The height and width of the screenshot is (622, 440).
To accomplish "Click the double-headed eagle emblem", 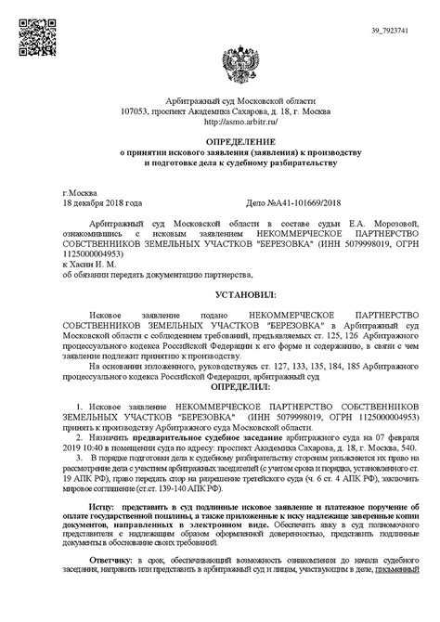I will pos(220,67).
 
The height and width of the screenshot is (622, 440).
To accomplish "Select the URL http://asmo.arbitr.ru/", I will pos(220,121).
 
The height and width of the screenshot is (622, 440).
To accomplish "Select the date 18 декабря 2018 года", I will pos(102,201).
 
